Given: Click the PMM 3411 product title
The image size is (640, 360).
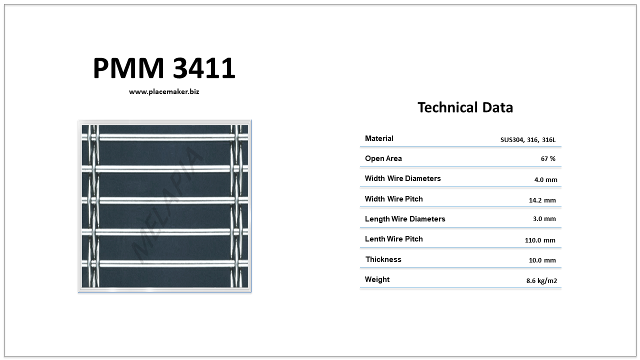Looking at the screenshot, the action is [x=164, y=68].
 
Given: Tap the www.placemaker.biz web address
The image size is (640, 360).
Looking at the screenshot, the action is [x=164, y=91].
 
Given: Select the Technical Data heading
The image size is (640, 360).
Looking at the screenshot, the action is [x=465, y=107].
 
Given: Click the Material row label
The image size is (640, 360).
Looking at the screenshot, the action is [x=379, y=138].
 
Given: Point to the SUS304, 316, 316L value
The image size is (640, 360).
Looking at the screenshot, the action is [x=528, y=139].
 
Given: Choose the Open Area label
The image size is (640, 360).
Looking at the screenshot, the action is [x=383, y=158].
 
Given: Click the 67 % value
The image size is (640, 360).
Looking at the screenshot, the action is [x=548, y=159].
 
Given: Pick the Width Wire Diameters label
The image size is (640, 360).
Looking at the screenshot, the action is [x=402, y=178].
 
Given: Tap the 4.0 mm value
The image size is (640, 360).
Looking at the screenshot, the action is [x=545, y=179].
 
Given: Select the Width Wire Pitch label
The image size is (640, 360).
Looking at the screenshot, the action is [x=393, y=199].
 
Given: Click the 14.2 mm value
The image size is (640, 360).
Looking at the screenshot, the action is [x=542, y=200].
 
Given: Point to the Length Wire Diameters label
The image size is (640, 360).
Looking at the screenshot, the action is [x=405, y=219].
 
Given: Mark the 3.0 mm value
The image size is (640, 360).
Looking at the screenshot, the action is [x=544, y=219].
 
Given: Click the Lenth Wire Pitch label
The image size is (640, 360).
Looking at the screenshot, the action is [x=393, y=239].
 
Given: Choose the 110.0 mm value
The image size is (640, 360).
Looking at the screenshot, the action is [x=540, y=240].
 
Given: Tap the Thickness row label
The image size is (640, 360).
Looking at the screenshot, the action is [x=383, y=259].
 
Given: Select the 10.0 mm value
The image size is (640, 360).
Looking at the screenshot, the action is [x=542, y=260].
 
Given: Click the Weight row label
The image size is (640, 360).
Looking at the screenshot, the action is [x=377, y=279].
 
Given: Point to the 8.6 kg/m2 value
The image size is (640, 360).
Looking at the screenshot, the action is [x=541, y=281].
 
